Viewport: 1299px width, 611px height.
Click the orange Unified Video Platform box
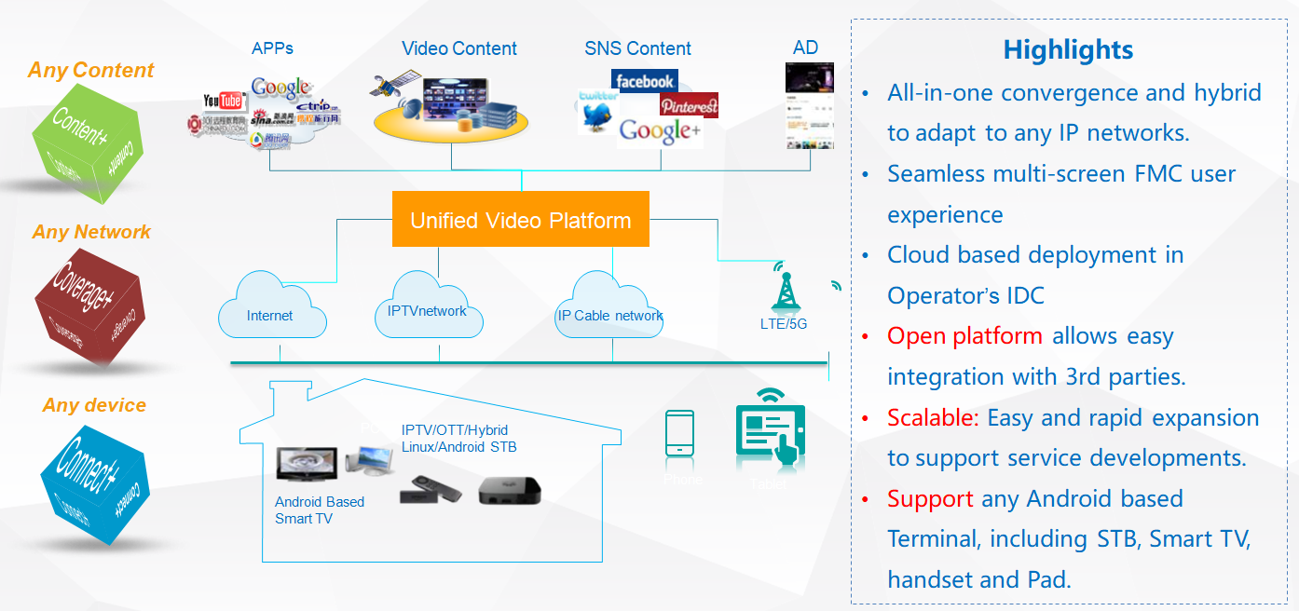(520, 220)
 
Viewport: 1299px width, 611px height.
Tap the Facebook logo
(644, 82)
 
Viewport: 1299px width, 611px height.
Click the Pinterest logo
(689, 106)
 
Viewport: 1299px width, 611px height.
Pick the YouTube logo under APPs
(224, 101)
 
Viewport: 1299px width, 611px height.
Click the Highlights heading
(1068, 49)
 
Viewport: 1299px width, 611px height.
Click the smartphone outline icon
(679, 433)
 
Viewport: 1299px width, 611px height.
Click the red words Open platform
(964, 336)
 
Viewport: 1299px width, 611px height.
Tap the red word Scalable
(933, 418)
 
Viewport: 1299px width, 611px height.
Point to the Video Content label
(459, 48)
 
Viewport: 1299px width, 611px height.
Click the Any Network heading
(91, 232)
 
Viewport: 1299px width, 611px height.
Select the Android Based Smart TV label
(320, 509)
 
